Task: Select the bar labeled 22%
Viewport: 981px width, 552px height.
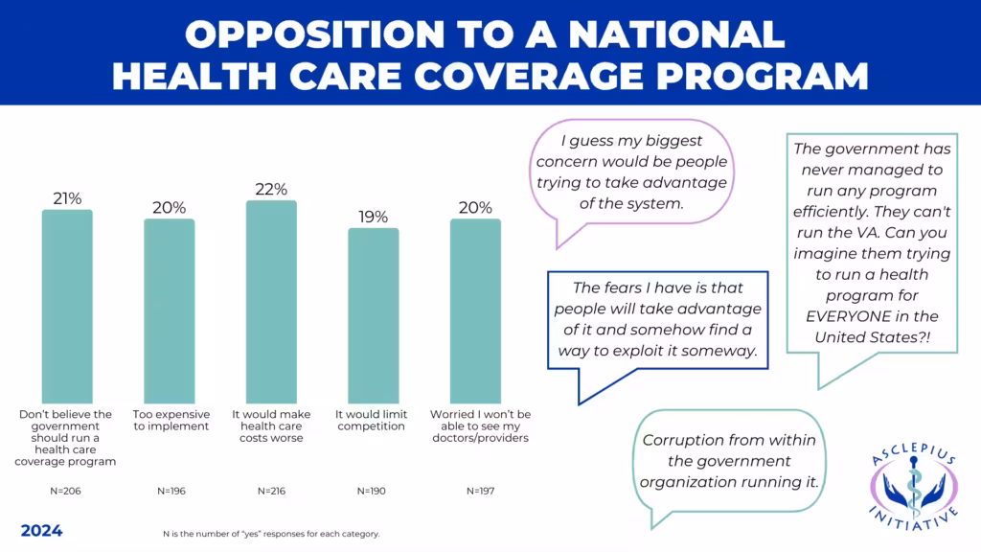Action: click(x=271, y=302)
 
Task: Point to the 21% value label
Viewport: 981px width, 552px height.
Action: click(x=67, y=198)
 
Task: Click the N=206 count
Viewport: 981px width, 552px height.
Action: click(x=67, y=491)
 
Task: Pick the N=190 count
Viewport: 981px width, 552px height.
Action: click(x=373, y=491)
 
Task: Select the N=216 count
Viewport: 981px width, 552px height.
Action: click(x=271, y=491)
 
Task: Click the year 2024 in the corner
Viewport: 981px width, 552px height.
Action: click(x=41, y=530)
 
